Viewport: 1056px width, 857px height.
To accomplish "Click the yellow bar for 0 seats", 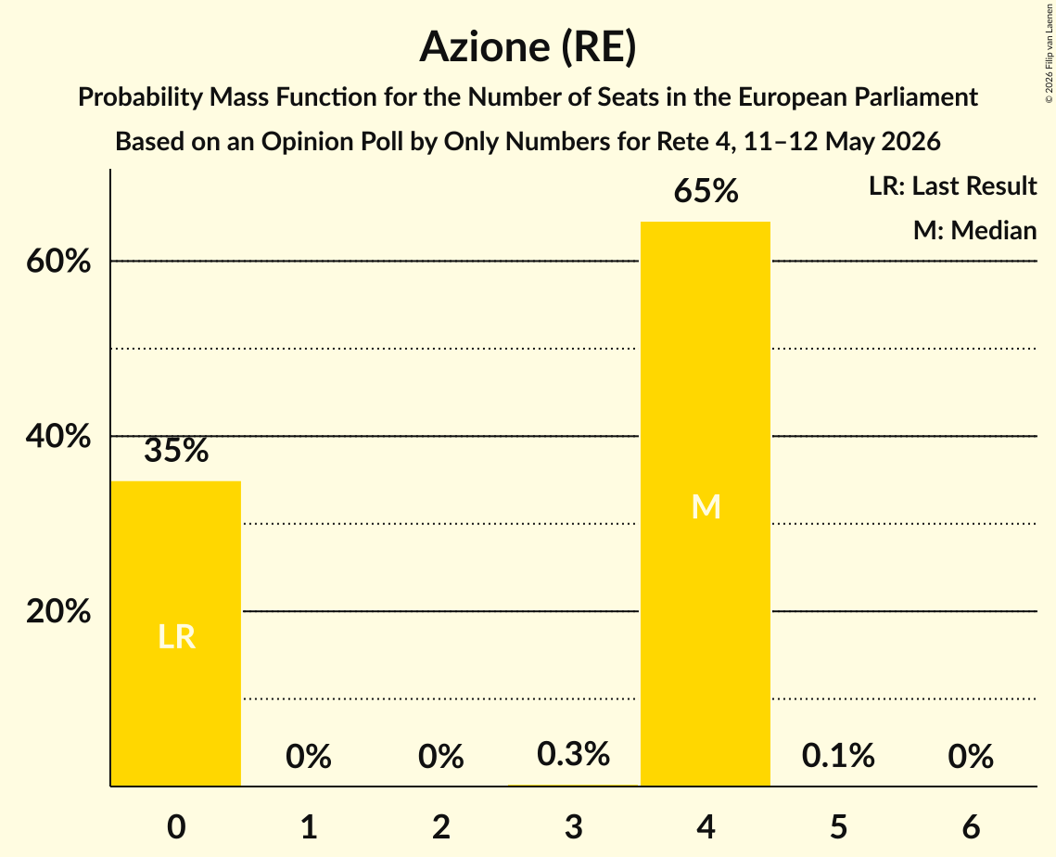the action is coord(176,633).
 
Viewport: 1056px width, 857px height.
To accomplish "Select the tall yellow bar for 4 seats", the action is coord(706,504).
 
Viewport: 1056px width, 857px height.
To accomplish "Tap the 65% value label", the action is coord(706,191).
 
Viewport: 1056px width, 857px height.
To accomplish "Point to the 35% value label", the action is coord(176,450).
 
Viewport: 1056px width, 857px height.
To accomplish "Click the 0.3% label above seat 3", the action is coord(573,753).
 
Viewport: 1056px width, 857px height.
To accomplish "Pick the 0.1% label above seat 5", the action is coord(838,755).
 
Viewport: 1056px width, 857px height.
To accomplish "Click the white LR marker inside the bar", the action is coord(176,636).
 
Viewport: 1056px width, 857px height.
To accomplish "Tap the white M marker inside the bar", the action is coord(706,506).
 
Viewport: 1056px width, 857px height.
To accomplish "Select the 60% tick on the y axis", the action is coord(58,261).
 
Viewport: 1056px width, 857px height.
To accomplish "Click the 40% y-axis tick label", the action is coord(58,436).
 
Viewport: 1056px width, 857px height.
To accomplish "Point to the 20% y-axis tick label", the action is coord(58,611).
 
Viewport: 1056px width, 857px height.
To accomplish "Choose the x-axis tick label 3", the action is coord(573,826).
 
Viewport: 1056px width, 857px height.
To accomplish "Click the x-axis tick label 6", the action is coord(971,826).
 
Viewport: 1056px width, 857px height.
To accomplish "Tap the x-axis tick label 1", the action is coord(309,826).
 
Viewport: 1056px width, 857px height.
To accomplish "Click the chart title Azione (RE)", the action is coord(528,47).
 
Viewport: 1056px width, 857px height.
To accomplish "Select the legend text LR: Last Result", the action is coord(952,185).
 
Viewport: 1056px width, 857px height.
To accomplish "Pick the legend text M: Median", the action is coord(974,230).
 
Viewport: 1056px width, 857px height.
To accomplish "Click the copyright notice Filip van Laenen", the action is coord(1049,53).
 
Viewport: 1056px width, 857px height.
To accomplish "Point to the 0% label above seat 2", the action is coord(441,756).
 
